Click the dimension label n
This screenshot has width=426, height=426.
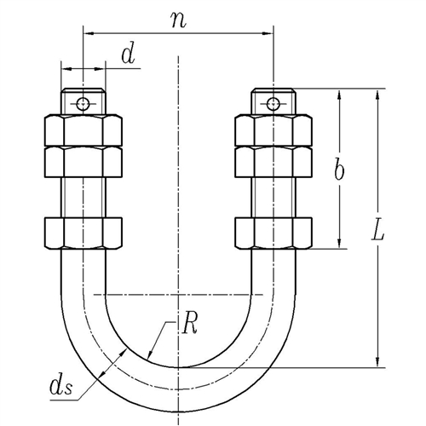[x=179, y=20]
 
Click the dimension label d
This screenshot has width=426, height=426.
[x=128, y=55]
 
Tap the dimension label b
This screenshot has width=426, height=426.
[x=339, y=170]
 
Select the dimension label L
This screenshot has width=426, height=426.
[x=378, y=230]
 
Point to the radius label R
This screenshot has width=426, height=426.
[x=189, y=324]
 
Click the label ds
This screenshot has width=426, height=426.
[x=61, y=386]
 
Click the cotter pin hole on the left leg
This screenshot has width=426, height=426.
[x=83, y=103]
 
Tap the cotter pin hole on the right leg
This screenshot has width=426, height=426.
[x=273, y=103]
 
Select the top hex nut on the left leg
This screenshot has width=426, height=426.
[x=83, y=130]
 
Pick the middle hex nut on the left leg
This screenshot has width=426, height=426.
[x=83, y=162]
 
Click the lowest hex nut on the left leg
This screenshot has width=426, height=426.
[x=83, y=233]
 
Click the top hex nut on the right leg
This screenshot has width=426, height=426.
[x=273, y=130]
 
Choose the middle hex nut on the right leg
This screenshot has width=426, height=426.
[x=273, y=162]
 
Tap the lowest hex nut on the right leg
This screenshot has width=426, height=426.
[x=273, y=233]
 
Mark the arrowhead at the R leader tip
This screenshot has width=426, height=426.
[x=150, y=355]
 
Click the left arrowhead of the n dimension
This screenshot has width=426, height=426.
[x=89, y=33]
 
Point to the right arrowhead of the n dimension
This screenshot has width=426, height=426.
[x=268, y=33]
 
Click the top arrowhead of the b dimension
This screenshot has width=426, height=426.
[x=339, y=94]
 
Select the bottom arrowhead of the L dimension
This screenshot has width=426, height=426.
[x=377, y=362]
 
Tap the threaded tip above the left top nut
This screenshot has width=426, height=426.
[x=83, y=101]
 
